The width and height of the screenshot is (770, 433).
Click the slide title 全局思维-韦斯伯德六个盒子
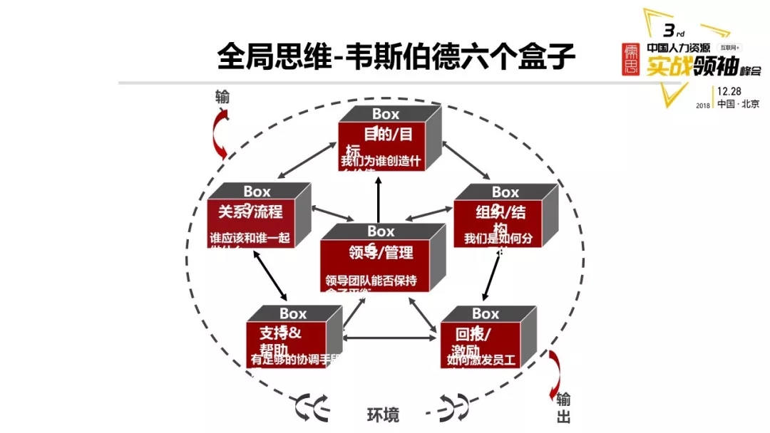396,57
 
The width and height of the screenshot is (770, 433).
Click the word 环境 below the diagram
383,414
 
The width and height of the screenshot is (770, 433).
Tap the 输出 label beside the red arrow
563,407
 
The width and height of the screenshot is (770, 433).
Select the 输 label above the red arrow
222,97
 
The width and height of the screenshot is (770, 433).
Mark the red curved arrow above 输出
554,370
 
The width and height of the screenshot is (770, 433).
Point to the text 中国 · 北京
738,104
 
